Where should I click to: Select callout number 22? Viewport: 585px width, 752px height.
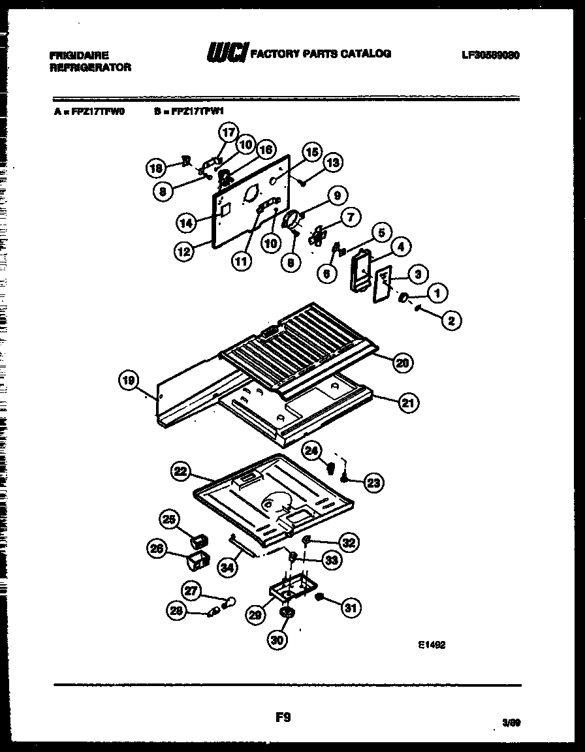coord(181,471)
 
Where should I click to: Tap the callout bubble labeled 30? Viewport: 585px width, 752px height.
coord(277,641)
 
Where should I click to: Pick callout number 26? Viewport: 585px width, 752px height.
coord(157,550)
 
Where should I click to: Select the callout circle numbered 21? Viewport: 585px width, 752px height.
coord(409,403)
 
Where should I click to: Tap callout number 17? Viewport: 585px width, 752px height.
coord(228,133)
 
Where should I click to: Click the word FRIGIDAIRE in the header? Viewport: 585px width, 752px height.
coord(79,55)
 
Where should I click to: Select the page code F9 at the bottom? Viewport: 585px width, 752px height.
coord(282,718)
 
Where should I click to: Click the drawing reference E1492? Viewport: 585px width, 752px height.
coord(432,643)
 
